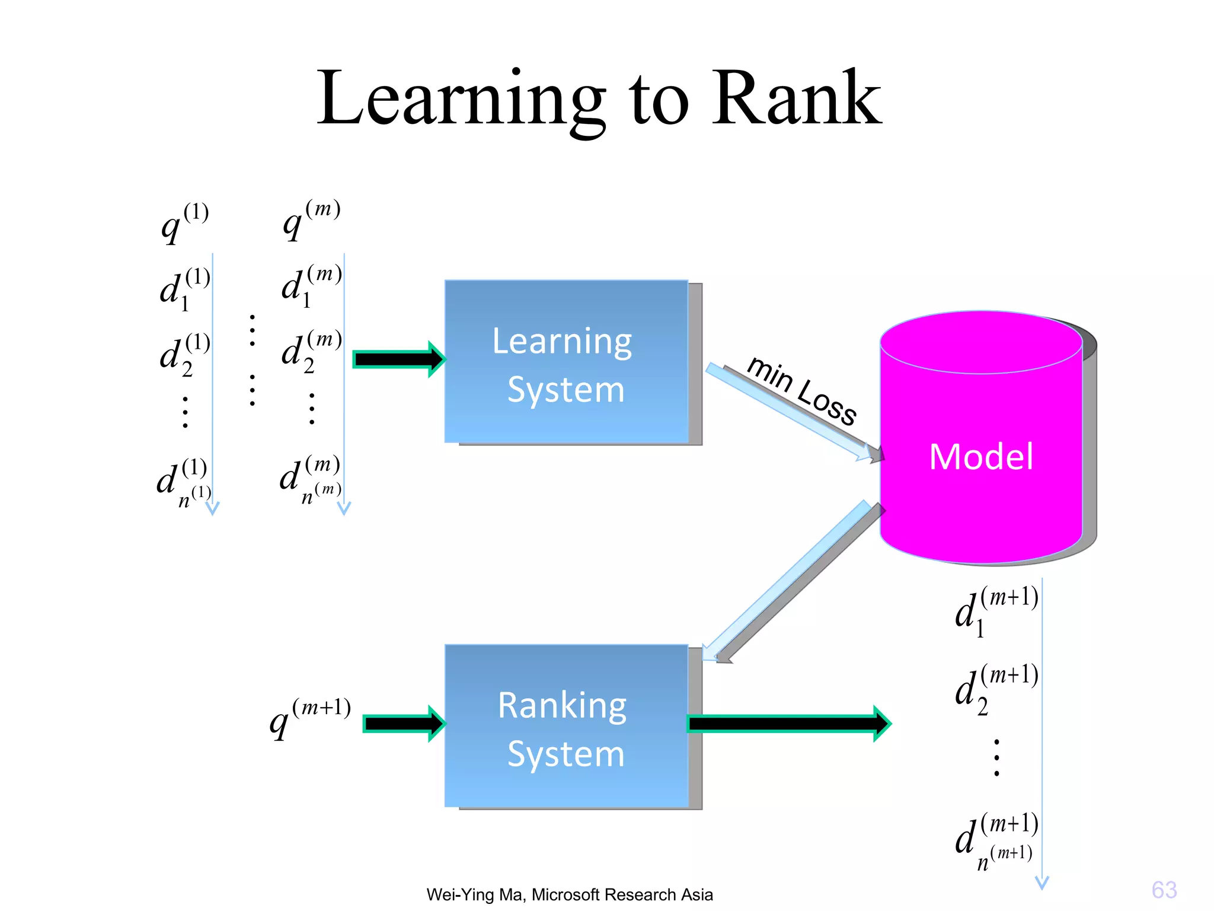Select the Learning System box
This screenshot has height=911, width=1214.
[566, 362]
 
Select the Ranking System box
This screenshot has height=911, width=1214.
[566, 726]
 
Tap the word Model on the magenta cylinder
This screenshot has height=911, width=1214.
[981, 457]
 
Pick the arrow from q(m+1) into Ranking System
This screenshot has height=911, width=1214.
[404, 724]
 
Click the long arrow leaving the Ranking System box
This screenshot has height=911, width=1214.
[788, 724]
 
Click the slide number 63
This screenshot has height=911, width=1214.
[1164, 890]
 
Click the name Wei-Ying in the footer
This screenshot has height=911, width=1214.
[459, 894]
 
